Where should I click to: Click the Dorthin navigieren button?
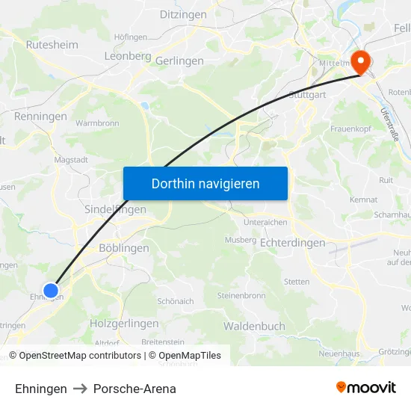pyautogui.click(x=205, y=183)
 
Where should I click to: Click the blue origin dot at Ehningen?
pyautogui.click(x=51, y=291)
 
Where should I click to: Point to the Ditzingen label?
pyautogui.click(x=183, y=14)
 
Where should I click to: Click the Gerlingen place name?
pyautogui.click(x=179, y=61)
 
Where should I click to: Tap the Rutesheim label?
pyautogui.click(x=52, y=45)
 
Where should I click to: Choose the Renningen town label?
pyautogui.click(x=40, y=117)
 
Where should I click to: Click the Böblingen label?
pyautogui.click(x=124, y=248)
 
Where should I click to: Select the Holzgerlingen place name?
pyautogui.click(x=124, y=324)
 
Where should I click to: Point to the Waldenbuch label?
pyautogui.click(x=254, y=327)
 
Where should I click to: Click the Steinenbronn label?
pyautogui.click(x=241, y=296)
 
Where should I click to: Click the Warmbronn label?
pyautogui.click(x=97, y=122)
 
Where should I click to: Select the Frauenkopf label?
pyautogui.click(x=351, y=129)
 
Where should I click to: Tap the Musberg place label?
pyautogui.click(x=240, y=240)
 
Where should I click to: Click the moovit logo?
pyautogui.click(x=365, y=388)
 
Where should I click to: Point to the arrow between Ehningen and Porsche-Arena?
pyautogui.click(x=80, y=389)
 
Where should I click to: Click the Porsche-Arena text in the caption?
pyautogui.click(x=135, y=389)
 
